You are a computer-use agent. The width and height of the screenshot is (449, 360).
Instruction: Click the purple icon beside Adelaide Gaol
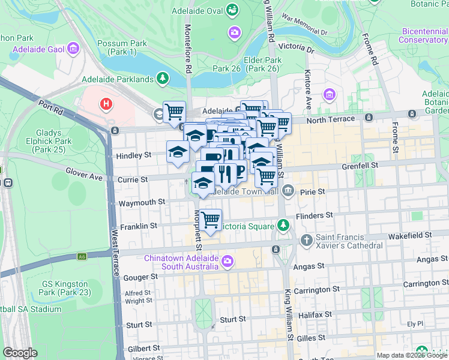[74, 48]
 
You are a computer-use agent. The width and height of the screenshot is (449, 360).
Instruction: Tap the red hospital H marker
[106, 104]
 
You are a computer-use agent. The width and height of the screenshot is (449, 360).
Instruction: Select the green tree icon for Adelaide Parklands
[161, 79]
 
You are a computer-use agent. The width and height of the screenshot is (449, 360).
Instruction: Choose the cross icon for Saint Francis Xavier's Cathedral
[306, 241]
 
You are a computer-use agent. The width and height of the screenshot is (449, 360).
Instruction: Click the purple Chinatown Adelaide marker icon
[228, 261]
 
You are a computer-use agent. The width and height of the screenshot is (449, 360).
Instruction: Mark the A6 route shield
[82, 257]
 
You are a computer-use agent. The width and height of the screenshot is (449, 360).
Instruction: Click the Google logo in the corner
[20, 353]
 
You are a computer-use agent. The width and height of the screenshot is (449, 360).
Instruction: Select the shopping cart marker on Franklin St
[210, 220]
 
